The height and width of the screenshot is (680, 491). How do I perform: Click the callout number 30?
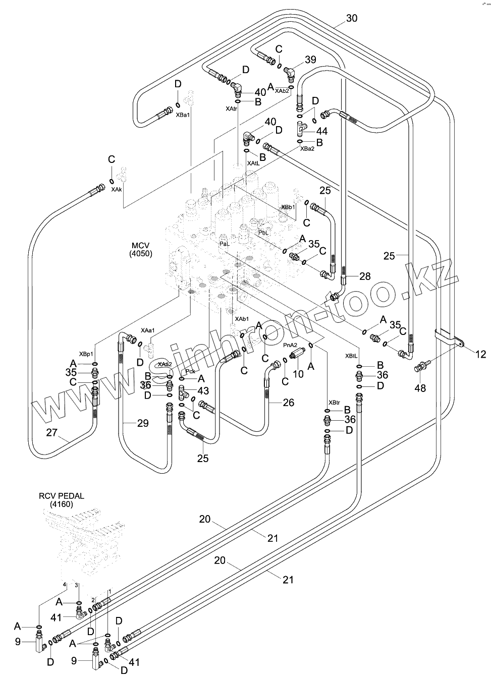(x=352, y=18)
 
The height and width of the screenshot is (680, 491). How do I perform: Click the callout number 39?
(x=310, y=60)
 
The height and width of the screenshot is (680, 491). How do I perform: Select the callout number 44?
(x=321, y=131)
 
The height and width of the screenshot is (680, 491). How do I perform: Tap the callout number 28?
(x=365, y=275)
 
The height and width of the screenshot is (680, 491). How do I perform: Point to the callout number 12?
(x=480, y=355)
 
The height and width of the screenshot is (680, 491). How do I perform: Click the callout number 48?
(x=420, y=388)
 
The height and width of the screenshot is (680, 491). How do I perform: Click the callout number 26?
(x=288, y=402)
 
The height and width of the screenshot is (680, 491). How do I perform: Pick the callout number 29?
(x=143, y=423)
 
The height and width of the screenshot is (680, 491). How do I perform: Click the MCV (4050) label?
(x=140, y=249)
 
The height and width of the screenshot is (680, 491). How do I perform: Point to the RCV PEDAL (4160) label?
(x=62, y=500)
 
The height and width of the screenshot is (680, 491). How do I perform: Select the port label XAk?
(x=117, y=189)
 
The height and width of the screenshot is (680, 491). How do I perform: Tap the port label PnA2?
(x=290, y=345)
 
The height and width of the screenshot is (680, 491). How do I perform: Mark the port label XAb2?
(x=282, y=91)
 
